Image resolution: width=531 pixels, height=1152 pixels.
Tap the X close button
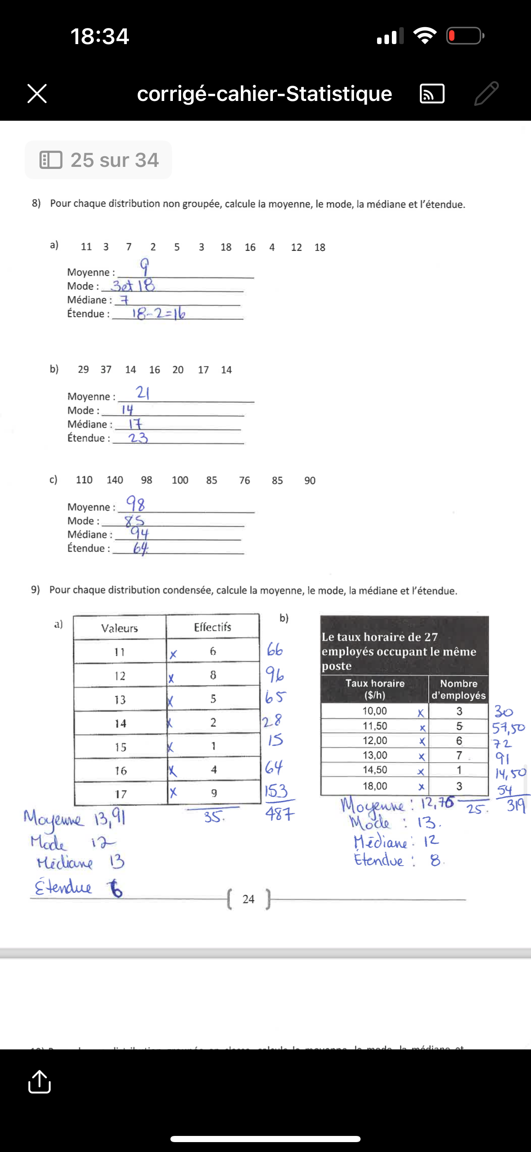point(37,94)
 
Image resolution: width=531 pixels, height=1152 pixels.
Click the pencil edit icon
point(486,94)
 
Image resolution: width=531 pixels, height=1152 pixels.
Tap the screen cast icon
point(432,94)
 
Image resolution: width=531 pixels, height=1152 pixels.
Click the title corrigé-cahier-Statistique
point(264,94)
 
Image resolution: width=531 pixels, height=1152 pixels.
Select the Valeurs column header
point(119,628)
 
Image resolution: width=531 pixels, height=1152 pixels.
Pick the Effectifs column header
point(212,627)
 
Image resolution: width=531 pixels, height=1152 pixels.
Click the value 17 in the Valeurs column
point(120,794)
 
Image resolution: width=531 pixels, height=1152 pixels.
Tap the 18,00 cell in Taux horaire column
point(375,786)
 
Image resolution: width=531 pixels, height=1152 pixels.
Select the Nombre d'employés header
point(458,689)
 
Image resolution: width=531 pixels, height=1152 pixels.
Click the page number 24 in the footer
point(249,899)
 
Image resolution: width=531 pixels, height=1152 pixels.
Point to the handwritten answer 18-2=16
point(158,314)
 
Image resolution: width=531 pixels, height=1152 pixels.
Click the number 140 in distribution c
point(114,480)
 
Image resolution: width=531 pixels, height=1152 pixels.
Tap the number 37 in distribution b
point(106,370)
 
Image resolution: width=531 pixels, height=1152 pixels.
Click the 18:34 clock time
point(100,36)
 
